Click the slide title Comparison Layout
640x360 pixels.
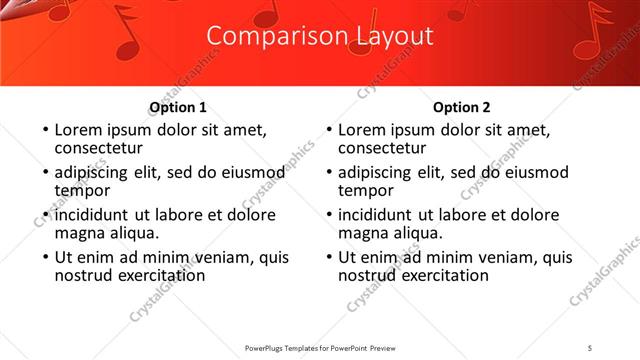coord(320,36)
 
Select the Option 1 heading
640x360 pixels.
coord(178,107)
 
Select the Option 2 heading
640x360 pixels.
coord(462,107)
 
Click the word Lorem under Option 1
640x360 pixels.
coord(79,129)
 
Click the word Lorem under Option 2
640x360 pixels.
coord(363,129)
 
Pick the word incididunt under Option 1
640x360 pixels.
coord(93,215)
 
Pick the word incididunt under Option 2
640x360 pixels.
coord(377,215)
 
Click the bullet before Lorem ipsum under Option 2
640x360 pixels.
coord(327,130)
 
